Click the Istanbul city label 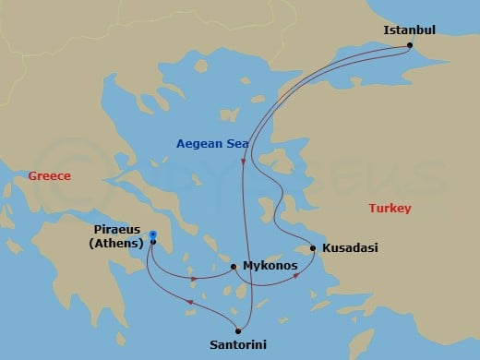408,30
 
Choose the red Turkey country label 390,209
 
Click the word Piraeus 118,229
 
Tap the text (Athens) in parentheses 118,244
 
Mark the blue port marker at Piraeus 152,235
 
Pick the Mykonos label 270,266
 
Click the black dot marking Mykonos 234,267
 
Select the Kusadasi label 351,248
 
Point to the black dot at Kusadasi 314,247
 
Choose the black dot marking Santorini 238,330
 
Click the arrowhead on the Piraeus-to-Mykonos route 194,279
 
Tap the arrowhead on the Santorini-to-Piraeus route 189,303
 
